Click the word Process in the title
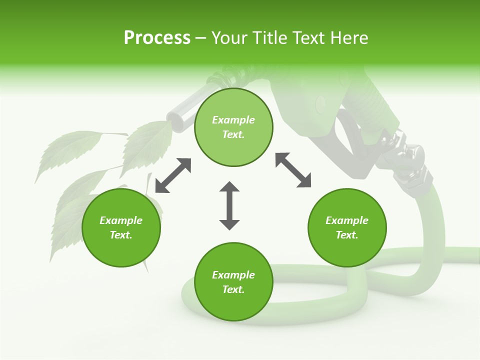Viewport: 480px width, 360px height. tap(157, 38)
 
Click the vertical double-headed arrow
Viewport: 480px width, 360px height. tap(229, 205)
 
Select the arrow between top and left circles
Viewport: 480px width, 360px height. tap(173, 175)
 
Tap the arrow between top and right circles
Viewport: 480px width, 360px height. tap(293, 170)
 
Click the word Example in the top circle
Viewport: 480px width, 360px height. tap(233, 120)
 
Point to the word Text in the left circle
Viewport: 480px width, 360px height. tap(121, 235)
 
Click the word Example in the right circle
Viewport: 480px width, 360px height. tap(347, 220)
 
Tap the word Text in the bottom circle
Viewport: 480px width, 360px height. tap(233, 289)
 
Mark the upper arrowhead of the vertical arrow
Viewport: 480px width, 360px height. tap(229, 188)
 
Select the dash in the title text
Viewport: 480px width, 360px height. tap(201, 38)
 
